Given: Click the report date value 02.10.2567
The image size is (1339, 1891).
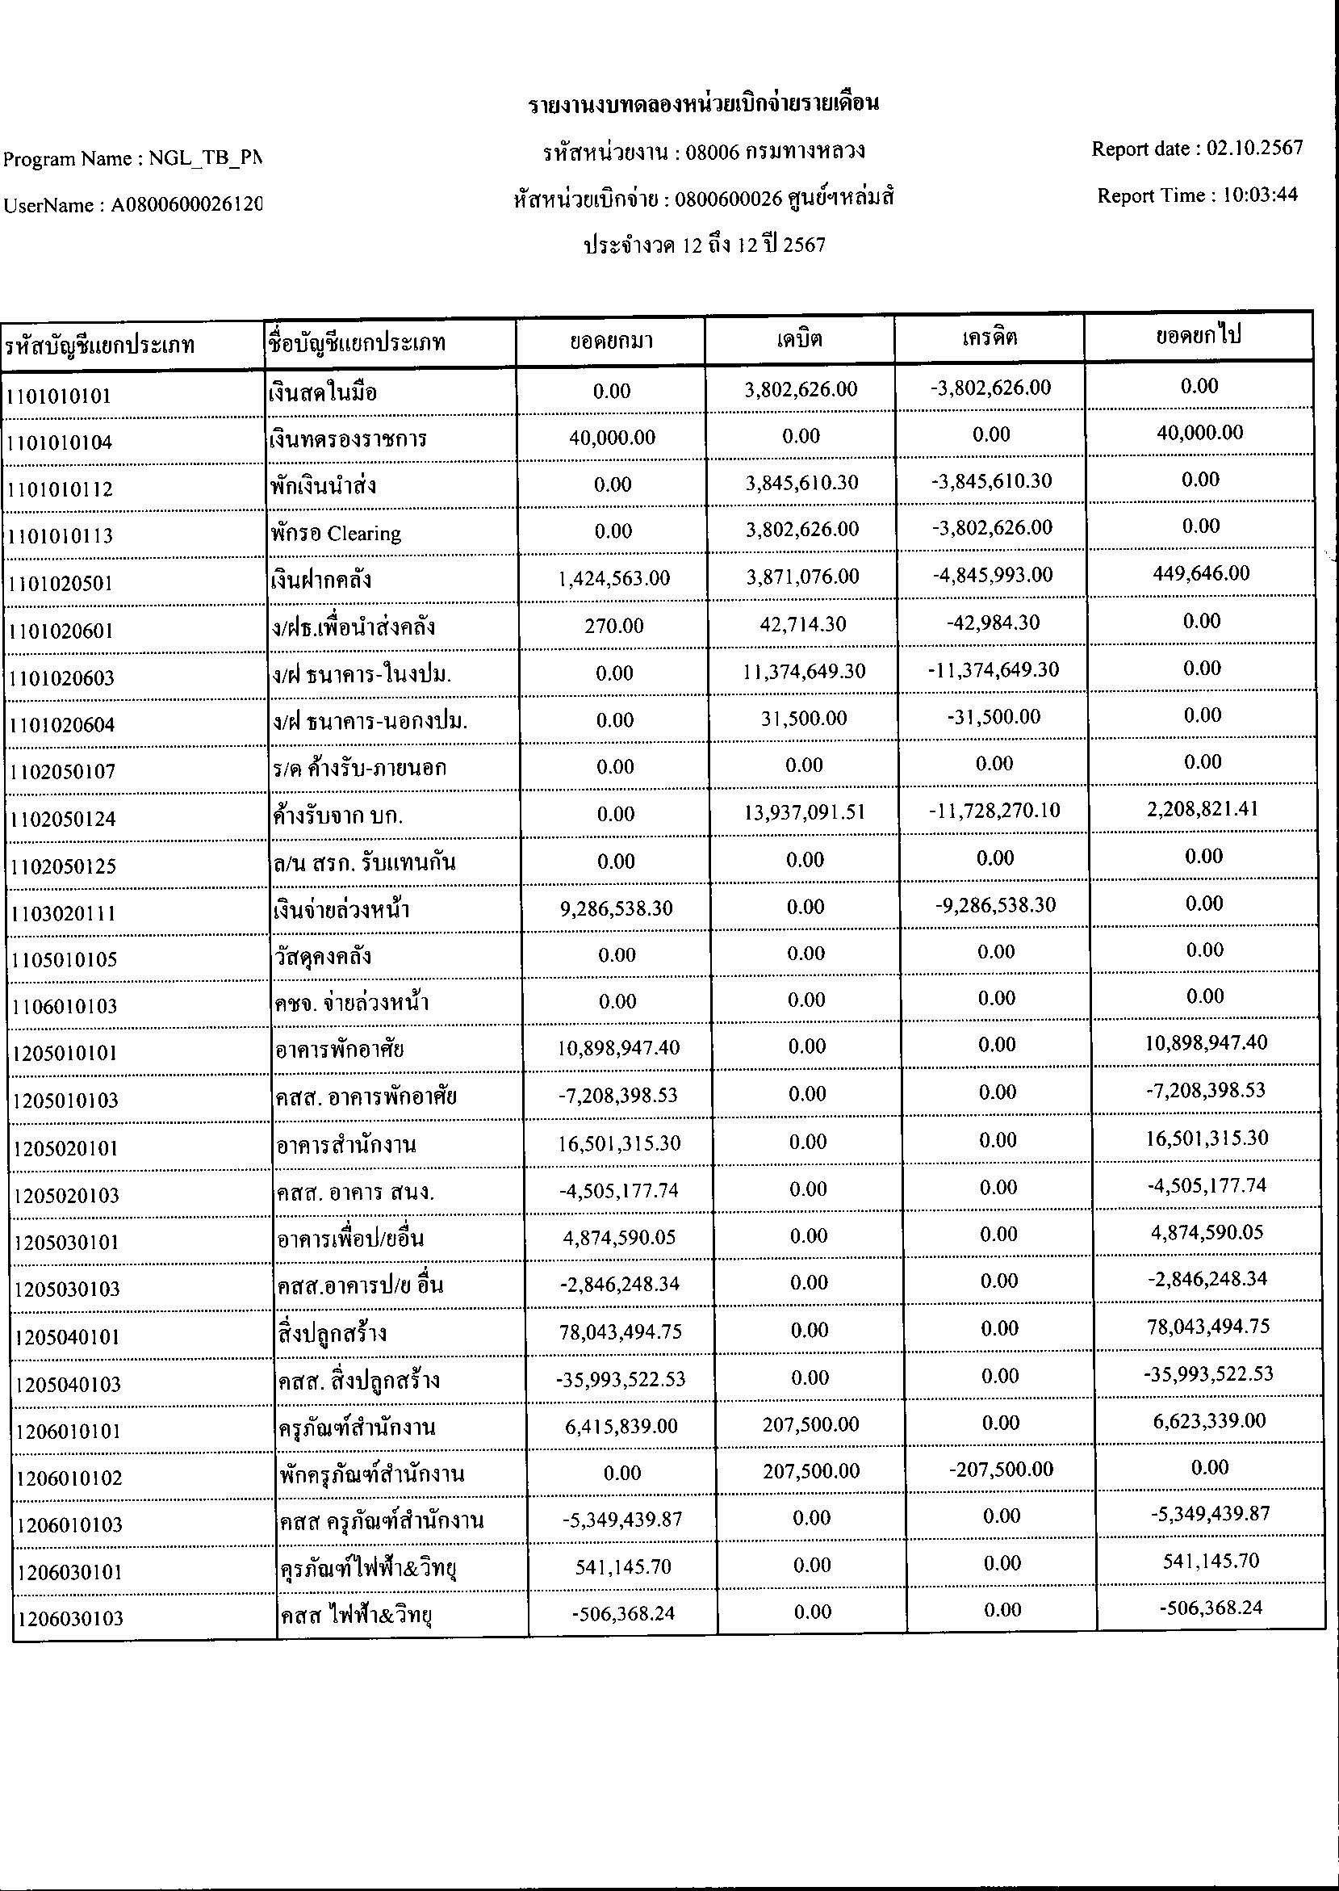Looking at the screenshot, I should tap(1254, 149).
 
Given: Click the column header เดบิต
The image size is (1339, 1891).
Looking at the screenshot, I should tap(799, 339).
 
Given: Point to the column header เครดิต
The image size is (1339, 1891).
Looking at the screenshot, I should tap(990, 338).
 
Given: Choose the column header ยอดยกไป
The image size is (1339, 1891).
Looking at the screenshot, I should tap(1198, 336).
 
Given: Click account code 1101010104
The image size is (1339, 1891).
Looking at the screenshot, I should tap(60, 442).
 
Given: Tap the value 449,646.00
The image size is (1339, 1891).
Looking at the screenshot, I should tap(1201, 573).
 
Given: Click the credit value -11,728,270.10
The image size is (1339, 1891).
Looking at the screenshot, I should tap(994, 811).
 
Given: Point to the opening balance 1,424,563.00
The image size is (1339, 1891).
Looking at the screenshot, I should tap(613, 579).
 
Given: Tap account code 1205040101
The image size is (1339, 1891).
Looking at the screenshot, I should tap(67, 1337).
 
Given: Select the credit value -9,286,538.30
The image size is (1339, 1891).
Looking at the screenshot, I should tap(996, 905).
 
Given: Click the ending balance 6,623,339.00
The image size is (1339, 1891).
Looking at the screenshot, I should tap(1211, 1421).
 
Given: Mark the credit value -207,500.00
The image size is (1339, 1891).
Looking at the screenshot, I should tap(1001, 1469).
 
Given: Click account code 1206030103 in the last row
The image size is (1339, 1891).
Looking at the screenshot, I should tap(69, 1619).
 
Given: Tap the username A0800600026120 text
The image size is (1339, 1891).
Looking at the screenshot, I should tap(186, 206).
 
